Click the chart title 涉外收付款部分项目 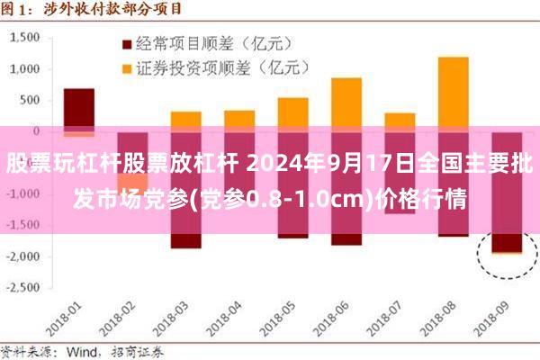point(117,10)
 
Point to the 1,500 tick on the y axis point(26,38)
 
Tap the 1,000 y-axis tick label point(26,69)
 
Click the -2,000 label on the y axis point(24,256)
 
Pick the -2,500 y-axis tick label point(24,288)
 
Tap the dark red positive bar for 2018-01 point(79,108)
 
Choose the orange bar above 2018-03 point(185,121)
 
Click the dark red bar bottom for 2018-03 point(185,240)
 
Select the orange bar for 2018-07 point(400,121)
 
